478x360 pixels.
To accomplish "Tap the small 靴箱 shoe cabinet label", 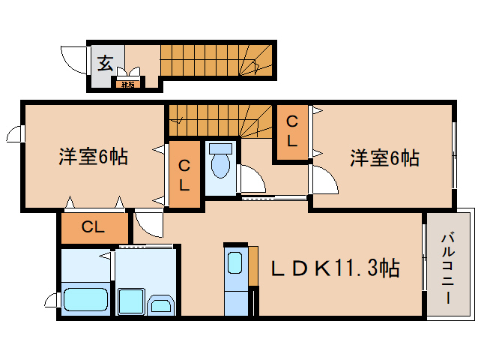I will [x=127, y=84].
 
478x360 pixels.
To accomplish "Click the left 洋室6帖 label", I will [x=93, y=157].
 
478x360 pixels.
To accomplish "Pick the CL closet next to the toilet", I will [x=184, y=175].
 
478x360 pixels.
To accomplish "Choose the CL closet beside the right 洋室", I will [x=291, y=130].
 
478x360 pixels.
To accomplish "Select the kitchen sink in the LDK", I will [x=235, y=264].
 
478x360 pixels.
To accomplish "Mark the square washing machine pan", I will [x=131, y=300].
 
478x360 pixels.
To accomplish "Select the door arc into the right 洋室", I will [x=324, y=180].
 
